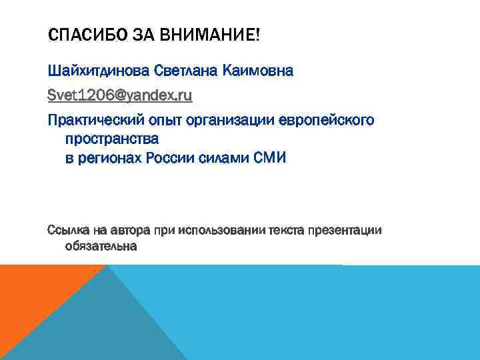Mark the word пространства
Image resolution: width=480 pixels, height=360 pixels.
point(112,141)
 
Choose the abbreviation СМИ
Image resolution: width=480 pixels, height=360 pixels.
point(270,159)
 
